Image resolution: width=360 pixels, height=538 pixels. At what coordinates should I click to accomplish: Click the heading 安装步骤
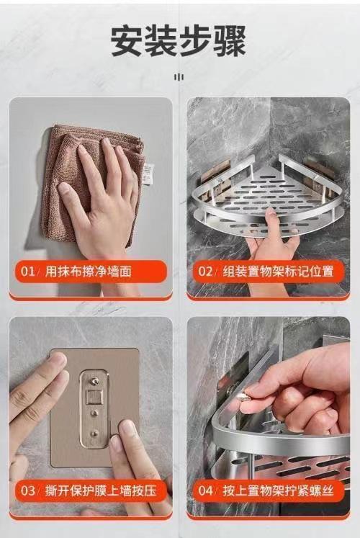pos(179,42)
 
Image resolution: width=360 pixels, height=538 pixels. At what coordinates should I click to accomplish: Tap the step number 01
pos(28,272)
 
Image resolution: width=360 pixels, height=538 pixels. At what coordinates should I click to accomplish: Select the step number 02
pos(205,272)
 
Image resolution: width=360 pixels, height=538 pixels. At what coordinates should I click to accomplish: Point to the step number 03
pos(28,490)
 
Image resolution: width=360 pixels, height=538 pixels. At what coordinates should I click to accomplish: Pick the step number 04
pos(206,490)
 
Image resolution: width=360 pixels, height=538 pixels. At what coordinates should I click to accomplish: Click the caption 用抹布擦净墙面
pos(89,272)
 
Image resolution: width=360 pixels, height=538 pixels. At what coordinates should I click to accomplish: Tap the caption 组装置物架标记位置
pos(278,272)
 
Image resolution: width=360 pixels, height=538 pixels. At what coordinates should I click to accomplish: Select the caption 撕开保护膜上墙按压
pos(101,490)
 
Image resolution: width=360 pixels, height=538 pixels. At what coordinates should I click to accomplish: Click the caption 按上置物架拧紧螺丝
pos(278,490)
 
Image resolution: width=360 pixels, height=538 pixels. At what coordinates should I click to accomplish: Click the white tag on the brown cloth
pos(148,174)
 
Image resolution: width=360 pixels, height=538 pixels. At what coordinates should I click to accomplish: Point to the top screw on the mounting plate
pos(94,380)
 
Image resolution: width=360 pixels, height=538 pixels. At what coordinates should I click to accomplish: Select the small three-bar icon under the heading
pos(179,77)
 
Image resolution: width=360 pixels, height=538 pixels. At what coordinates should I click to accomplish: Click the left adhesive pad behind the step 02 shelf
pos(215,171)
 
